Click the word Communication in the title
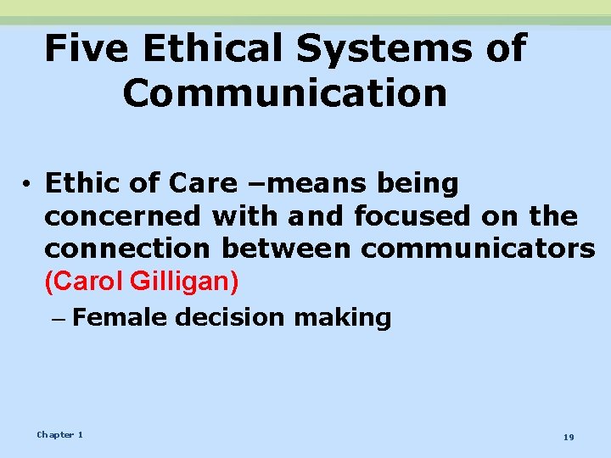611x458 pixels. pos(284,92)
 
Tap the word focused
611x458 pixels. pos(413,216)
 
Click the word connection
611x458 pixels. pos(128,249)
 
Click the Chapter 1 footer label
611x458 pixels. pos(59,434)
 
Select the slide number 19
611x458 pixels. pos(569,436)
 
